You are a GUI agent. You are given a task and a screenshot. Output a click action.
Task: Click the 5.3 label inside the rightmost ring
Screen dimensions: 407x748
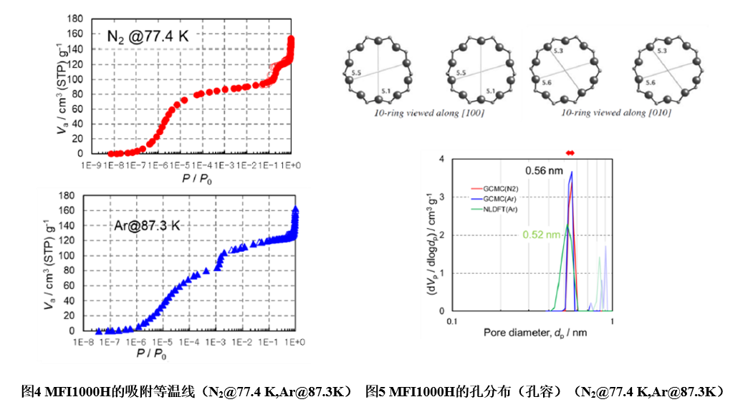coord(662,52)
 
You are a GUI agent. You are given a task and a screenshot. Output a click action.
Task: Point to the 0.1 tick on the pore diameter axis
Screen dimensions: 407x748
coord(452,321)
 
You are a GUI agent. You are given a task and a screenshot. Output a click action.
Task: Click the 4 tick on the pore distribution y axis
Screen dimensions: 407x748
coord(442,160)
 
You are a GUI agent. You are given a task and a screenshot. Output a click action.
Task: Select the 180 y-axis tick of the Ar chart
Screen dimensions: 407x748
coord(67,195)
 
